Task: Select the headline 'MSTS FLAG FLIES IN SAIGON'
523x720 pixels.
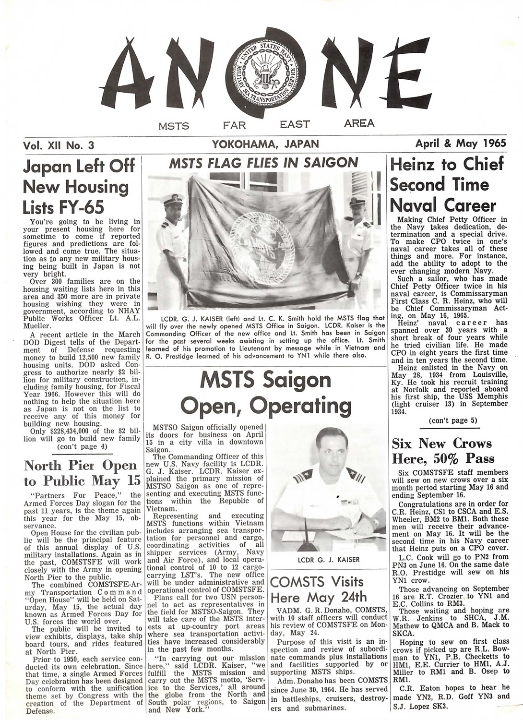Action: click(263, 163)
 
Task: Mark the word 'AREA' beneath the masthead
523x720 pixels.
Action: click(359, 124)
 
